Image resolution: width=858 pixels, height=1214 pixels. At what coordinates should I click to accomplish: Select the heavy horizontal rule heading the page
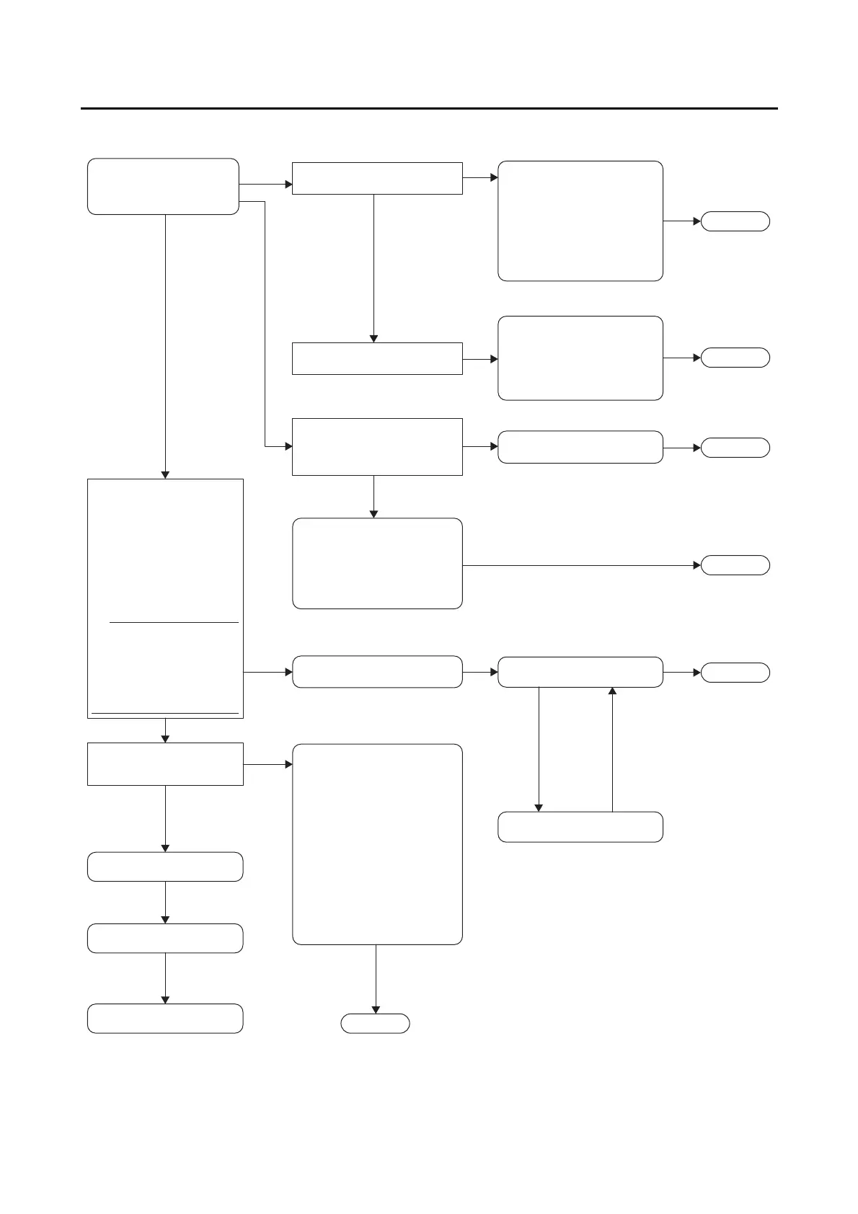(429, 109)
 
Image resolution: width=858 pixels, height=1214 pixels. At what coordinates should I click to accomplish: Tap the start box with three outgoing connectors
(163, 186)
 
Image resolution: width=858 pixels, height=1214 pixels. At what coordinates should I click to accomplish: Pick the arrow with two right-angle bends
(265, 324)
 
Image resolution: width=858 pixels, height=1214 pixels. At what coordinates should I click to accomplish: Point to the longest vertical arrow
(165, 346)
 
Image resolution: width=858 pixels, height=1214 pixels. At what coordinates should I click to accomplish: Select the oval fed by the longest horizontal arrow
(735, 565)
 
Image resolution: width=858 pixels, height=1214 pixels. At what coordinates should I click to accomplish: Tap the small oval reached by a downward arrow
(375, 1024)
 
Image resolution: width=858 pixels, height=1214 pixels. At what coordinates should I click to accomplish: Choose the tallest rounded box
(377, 844)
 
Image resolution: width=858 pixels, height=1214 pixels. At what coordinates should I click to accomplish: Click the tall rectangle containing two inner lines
(165, 598)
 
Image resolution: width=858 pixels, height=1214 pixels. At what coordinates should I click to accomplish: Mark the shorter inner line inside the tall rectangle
(174, 621)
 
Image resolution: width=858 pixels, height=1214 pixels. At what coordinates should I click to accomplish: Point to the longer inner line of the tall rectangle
(165, 713)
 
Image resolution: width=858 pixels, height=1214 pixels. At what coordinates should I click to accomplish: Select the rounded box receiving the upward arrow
(580, 672)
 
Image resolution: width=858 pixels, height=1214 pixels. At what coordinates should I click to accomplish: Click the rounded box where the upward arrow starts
(580, 827)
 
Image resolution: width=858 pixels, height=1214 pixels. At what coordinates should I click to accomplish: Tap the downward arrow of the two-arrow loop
(539, 750)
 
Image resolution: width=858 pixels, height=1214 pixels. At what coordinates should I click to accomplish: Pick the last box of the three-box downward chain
(165, 1019)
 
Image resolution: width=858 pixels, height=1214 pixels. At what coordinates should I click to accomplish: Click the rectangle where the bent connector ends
(377, 447)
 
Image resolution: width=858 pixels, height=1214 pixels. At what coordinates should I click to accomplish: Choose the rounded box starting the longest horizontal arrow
(377, 563)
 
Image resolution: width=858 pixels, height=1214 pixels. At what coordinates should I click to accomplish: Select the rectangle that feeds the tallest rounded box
(165, 764)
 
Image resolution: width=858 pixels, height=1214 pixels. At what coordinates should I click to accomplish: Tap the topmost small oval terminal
(735, 221)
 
